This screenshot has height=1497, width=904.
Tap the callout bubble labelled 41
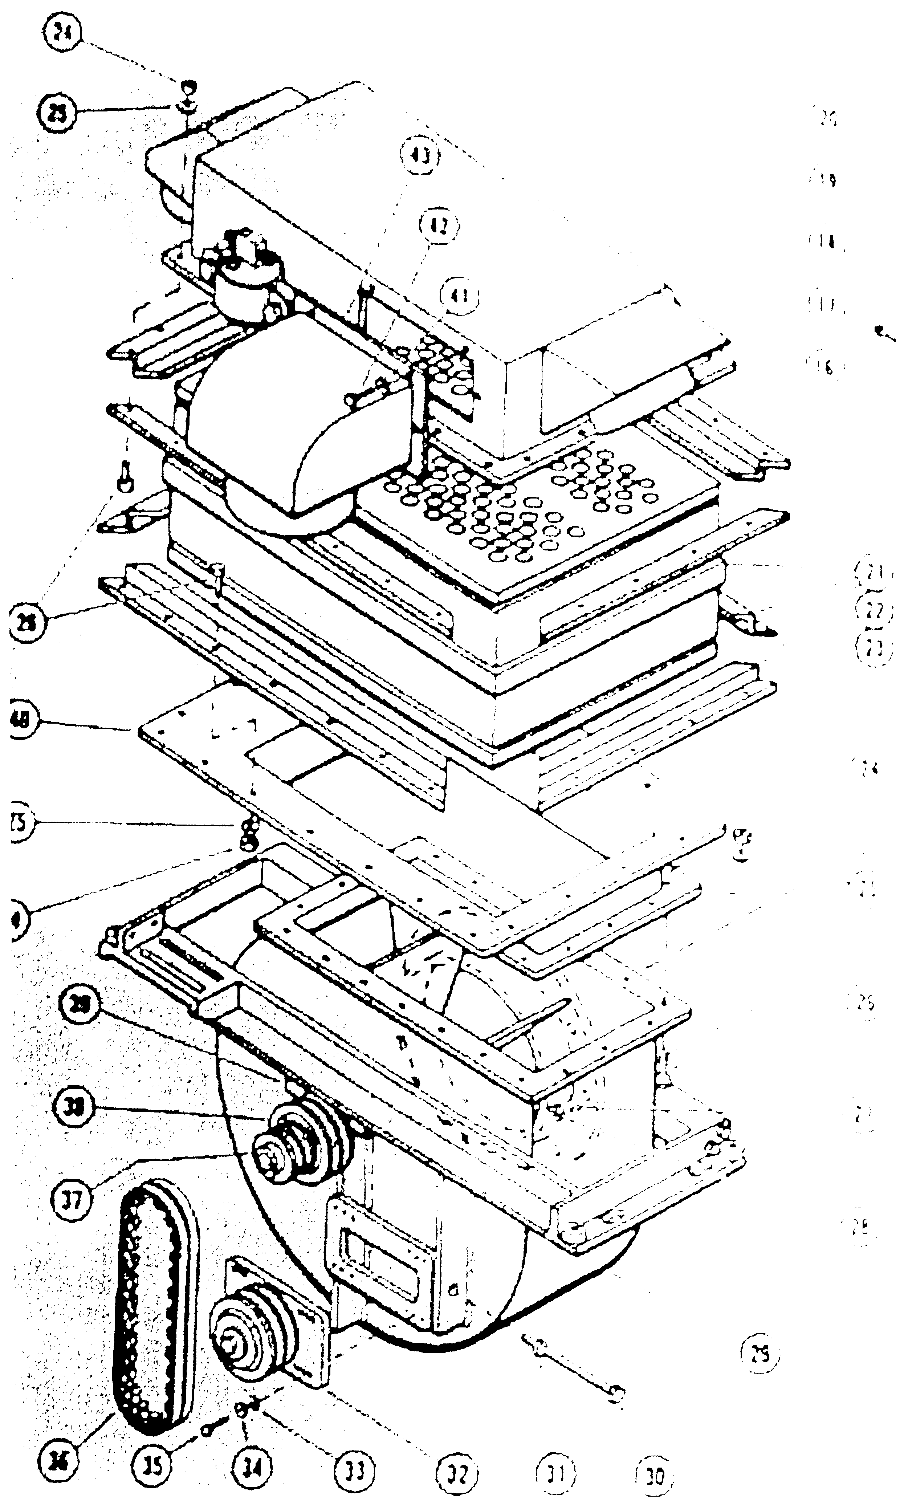458,297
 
